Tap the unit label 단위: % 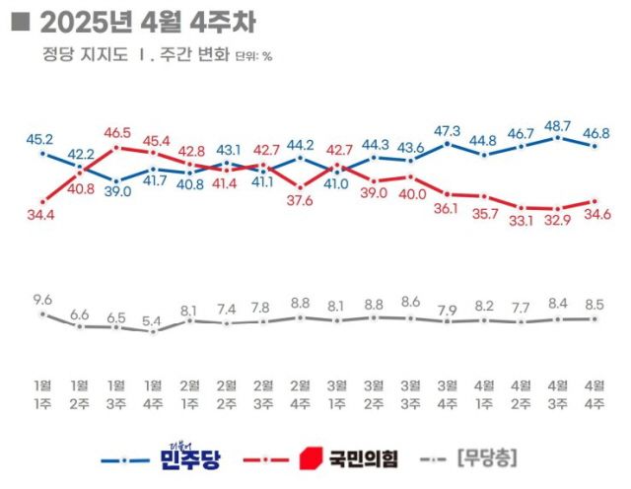point(253,56)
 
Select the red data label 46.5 point(116,131)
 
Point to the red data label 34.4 point(41,212)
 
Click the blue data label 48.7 point(558,126)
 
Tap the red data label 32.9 point(558,220)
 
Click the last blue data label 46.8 point(596,131)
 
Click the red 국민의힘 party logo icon point(310,457)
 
